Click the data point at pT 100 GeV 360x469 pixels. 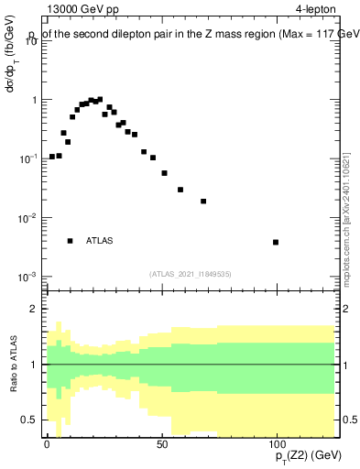click(x=276, y=242)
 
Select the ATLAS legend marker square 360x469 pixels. click(x=70, y=241)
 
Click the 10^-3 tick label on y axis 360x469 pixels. click(x=28, y=277)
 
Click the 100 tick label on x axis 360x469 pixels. click(x=276, y=443)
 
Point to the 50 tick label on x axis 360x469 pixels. click(x=162, y=443)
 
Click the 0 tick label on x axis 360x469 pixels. click(x=47, y=443)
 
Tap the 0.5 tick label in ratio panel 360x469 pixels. click(x=30, y=420)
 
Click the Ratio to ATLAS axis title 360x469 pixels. click(x=12, y=364)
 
